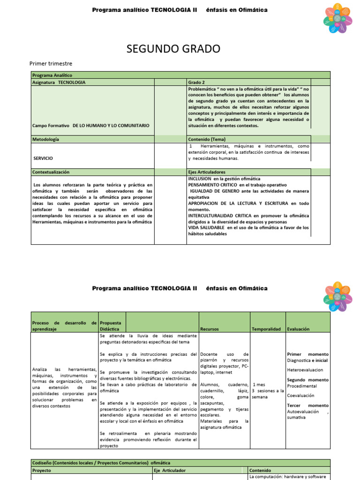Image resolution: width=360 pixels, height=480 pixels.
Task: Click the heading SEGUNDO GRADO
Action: (173, 49)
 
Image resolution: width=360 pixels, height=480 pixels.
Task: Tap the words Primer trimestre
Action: (51, 64)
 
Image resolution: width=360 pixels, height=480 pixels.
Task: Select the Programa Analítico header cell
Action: (50, 75)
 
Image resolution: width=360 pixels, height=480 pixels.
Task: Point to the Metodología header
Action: (45, 139)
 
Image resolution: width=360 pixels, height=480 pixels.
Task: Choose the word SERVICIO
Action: (43, 158)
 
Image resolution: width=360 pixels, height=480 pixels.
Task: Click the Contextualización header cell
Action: (51, 172)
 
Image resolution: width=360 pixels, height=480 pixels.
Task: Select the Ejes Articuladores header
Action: (207, 172)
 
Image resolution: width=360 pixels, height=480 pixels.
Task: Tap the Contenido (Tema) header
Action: (207, 139)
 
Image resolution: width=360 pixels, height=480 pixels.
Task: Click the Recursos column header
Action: (209, 329)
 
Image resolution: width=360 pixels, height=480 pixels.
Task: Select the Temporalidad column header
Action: (266, 329)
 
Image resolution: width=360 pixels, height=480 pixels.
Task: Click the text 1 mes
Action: (259, 384)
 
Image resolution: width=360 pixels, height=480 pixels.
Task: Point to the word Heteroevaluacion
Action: (305, 370)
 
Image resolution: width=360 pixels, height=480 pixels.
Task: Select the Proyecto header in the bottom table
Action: (42, 470)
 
